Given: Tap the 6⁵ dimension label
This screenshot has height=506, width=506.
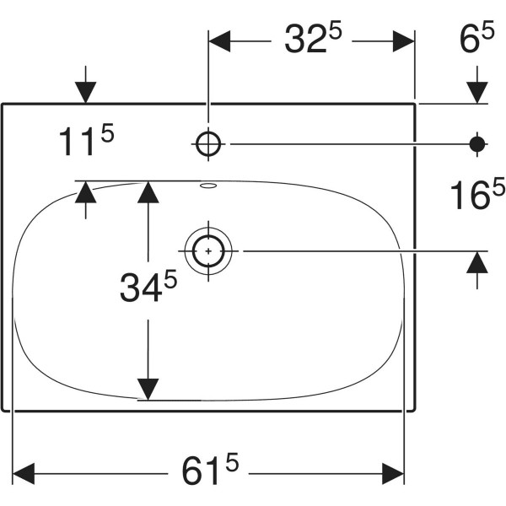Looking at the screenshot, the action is tap(477, 36).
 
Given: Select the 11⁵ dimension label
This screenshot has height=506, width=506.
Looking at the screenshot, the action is tap(87, 139).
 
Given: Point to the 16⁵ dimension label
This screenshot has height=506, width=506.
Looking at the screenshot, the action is tap(477, 194).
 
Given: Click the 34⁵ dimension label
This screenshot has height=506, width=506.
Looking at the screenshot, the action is tap(148, 286).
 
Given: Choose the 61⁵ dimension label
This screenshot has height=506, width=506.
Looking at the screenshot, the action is tap(210, 469).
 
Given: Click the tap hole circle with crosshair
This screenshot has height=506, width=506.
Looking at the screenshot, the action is tap(208, 144).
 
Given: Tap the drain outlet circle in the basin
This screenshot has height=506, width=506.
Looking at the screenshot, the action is tap(208, 250).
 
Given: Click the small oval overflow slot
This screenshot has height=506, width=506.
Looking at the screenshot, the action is tap(208, 186).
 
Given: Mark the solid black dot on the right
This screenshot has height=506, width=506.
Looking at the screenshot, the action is tap(477, 144).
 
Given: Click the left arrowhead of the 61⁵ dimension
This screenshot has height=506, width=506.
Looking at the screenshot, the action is tap(24, 474).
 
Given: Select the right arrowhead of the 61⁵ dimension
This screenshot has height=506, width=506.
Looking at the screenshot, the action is tap(393, 474).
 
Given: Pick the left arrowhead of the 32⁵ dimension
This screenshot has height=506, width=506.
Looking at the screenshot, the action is tap(219, 41).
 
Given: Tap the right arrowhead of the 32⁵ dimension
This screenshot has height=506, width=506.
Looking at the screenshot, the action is tap(404, 41).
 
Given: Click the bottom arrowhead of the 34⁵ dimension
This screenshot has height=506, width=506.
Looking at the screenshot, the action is tap(148, 390).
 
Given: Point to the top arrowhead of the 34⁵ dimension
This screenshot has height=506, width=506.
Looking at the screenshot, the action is tap(148, 192).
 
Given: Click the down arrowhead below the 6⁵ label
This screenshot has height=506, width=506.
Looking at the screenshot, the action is tap(477, 93).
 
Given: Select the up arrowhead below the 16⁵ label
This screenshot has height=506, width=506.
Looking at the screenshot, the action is tap(477, 262).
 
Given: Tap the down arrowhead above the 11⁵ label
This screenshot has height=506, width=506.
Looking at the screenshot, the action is tap(85, 93).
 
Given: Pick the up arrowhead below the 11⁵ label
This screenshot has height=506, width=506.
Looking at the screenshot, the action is tap(85, 192).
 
